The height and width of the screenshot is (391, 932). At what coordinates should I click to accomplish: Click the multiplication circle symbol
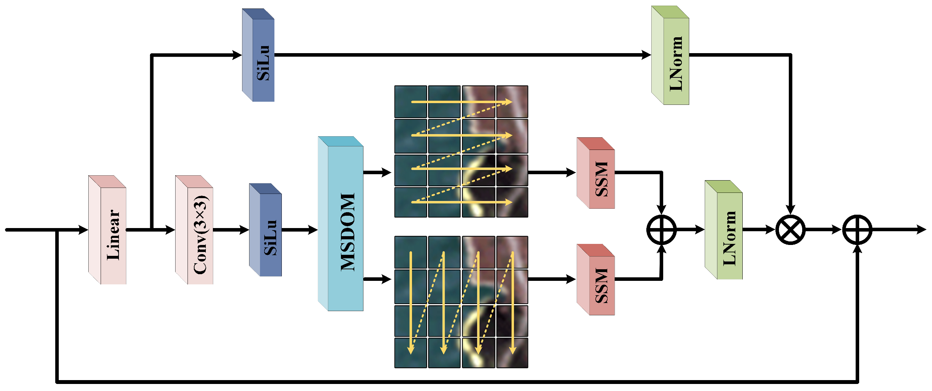[790, 229]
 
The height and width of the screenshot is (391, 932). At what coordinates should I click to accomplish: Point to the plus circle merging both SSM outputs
[661, 229]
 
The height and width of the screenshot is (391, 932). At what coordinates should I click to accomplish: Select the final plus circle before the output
[857, 229]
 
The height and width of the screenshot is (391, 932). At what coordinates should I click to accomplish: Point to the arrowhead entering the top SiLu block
[237, 55]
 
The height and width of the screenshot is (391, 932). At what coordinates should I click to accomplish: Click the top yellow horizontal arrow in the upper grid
[461, 102]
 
